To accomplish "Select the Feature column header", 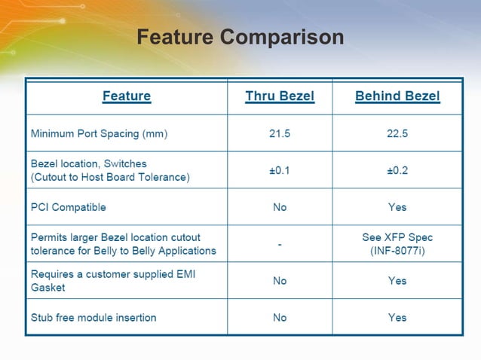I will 127,96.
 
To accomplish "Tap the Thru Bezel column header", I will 280,96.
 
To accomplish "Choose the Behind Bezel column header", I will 397,96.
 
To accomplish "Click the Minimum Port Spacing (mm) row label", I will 99,134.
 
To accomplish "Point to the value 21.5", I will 280,134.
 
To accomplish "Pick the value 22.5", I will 397,134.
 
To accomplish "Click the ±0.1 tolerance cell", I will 280,170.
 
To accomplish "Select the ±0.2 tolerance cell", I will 397,170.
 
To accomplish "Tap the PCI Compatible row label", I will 68,207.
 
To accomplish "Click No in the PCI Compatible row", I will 280,207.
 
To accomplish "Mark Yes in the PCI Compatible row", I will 397,207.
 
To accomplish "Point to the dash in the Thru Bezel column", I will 280,245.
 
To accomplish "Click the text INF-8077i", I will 397,250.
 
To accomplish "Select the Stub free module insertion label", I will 93,317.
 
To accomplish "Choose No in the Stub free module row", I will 280,317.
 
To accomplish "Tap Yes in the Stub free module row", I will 397,317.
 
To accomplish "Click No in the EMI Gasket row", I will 280,281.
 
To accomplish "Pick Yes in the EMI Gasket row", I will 397,281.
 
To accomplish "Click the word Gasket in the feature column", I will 47,287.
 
